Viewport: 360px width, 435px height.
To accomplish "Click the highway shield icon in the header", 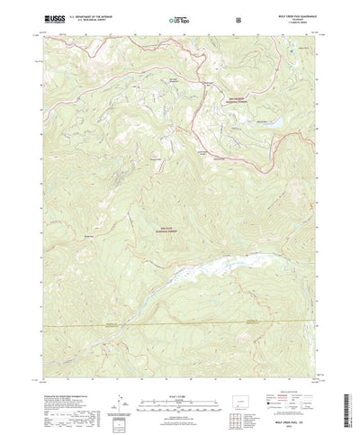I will tap(236, 18).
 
